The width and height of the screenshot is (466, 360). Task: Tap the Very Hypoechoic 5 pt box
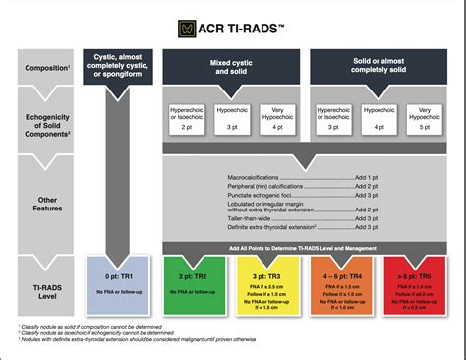(424, 118)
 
